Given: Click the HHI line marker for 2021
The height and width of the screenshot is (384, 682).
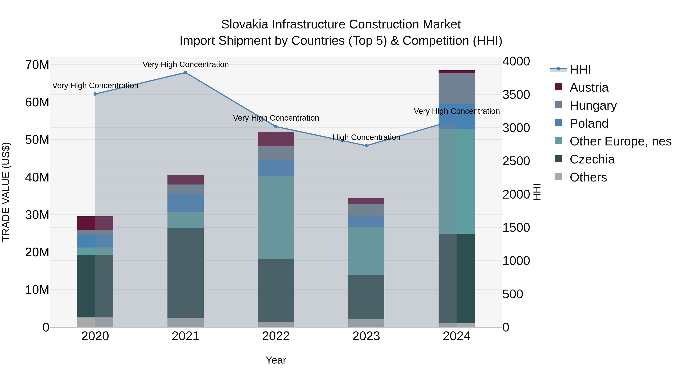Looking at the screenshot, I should coord(185,73).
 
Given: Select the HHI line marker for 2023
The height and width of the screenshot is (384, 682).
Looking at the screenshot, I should coord(366,146).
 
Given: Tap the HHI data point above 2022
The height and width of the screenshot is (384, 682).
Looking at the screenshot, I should coord(276,127).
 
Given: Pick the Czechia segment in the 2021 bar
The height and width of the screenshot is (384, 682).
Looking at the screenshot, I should coord(185,273).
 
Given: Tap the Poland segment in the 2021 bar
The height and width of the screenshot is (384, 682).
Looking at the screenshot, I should coord(185,203).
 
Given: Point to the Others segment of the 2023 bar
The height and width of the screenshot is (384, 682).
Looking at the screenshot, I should coord(366,323).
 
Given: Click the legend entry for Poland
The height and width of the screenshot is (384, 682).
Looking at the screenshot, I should coord(589,123).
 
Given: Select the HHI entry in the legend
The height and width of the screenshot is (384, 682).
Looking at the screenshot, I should coord(580,69).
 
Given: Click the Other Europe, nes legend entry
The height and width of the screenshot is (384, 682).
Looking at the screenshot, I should coord(620,141).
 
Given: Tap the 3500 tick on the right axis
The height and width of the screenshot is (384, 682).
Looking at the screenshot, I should coord(516,95).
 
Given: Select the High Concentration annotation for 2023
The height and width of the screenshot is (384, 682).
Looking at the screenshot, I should coord(366,137).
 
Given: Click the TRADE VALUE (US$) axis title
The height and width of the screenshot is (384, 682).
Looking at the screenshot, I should coord(6,192).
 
